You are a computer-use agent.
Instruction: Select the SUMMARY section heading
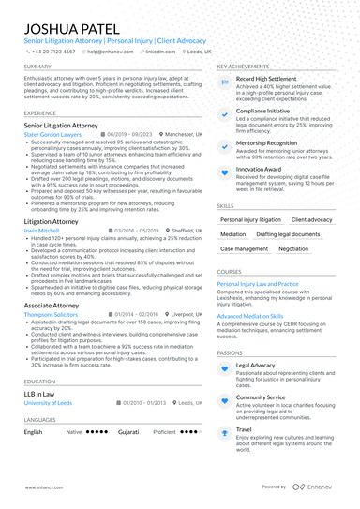coord(37,67)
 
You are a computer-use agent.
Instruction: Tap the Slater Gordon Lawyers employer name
coord(55,135)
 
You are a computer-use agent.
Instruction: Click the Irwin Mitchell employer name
coord(42,229)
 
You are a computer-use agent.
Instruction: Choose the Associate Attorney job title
coord(52,305)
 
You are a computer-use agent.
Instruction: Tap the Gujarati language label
coord(128,432)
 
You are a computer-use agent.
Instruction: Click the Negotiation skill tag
coord(292,249)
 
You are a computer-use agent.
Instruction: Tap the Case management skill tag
coord(244,249)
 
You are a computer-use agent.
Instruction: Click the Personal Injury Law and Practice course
coord(258,283)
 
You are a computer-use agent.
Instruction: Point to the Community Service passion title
coord(262,397)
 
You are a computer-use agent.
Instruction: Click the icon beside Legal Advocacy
coord(224,368)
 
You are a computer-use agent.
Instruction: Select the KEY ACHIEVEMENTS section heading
coord(243,67)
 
